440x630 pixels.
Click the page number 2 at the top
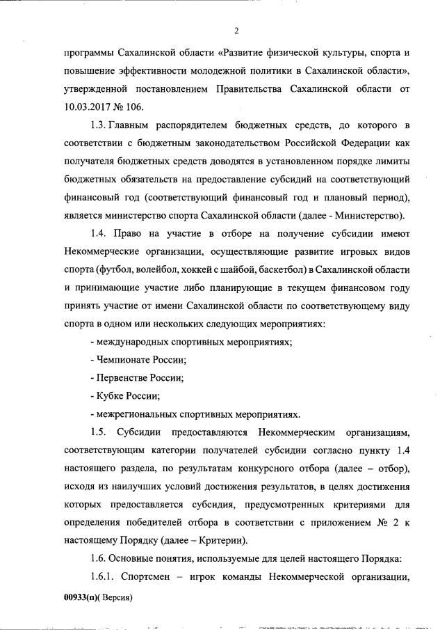coord(236,31)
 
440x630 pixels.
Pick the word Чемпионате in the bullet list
coord(120,359)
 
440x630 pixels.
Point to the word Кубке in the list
coord(108,395)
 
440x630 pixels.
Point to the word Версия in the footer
coord(116,597)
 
